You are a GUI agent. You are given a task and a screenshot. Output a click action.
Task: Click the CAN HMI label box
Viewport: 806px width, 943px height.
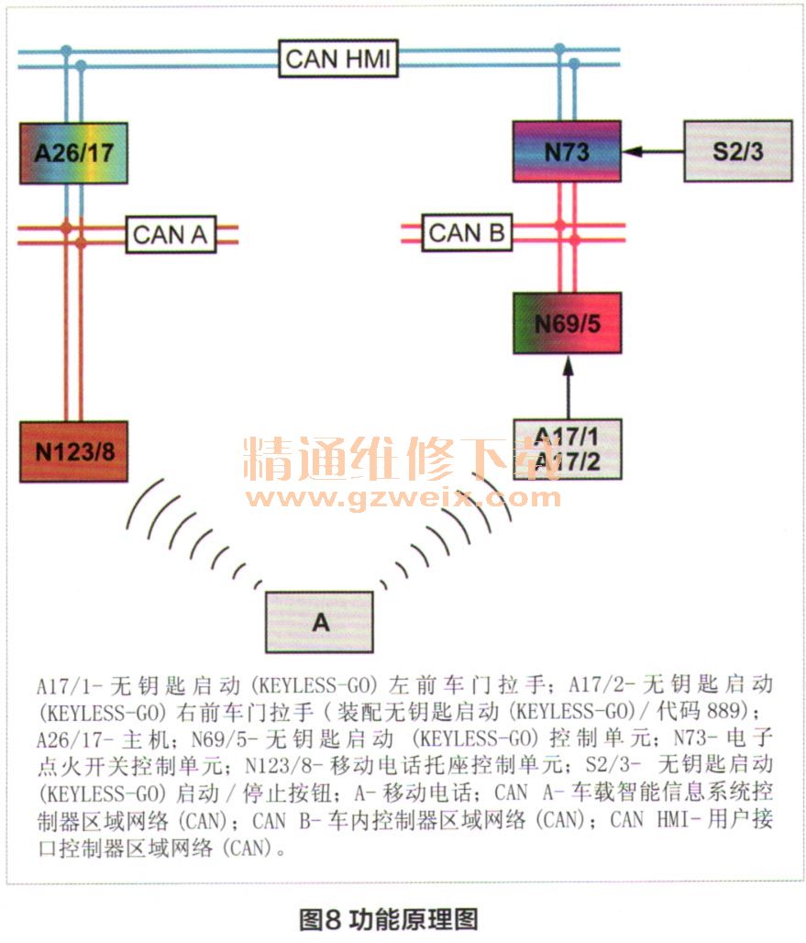click(x=338, y=60)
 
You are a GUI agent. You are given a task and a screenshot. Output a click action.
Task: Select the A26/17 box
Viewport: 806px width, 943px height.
click(x=73, y=151)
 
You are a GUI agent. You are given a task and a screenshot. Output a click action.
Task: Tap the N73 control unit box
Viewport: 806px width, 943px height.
click(x=566, y=151)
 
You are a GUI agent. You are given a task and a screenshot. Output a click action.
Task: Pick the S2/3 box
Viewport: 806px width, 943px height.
click(x=737, y=151)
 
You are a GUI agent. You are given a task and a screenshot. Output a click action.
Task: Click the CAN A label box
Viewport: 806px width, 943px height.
click(x=171, y=234)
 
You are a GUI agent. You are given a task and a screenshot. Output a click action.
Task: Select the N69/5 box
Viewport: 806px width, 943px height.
click(x=567, y=323)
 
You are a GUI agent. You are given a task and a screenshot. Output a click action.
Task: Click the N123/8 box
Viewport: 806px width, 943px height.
click(x=73, y=451)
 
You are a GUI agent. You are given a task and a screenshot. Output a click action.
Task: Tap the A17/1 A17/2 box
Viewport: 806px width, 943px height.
click(x=567, y=449)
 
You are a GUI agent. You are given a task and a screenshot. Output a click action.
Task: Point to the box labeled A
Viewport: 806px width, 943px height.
click(x=319, y=622)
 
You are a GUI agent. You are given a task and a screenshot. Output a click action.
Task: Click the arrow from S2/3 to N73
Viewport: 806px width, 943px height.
click(x=653, y=151)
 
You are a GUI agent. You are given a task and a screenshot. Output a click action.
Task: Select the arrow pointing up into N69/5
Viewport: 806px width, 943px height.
click(x=567, y=385)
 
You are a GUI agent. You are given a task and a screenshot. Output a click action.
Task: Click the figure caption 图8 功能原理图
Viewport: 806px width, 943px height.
click(x=389, y=917)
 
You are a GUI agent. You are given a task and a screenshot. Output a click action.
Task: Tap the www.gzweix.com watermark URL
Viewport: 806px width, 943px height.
click(x=404, y=498)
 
